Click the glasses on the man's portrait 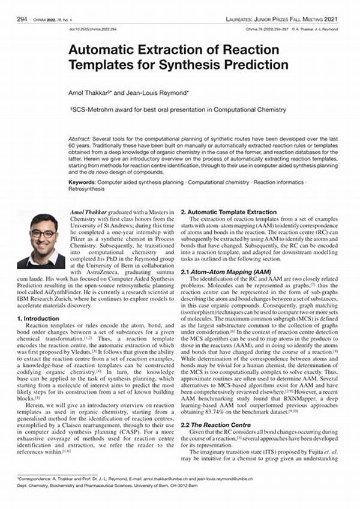[41, 233]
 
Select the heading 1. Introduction [39, 318]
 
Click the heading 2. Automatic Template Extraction [229, 212]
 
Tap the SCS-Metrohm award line [178, 109]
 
